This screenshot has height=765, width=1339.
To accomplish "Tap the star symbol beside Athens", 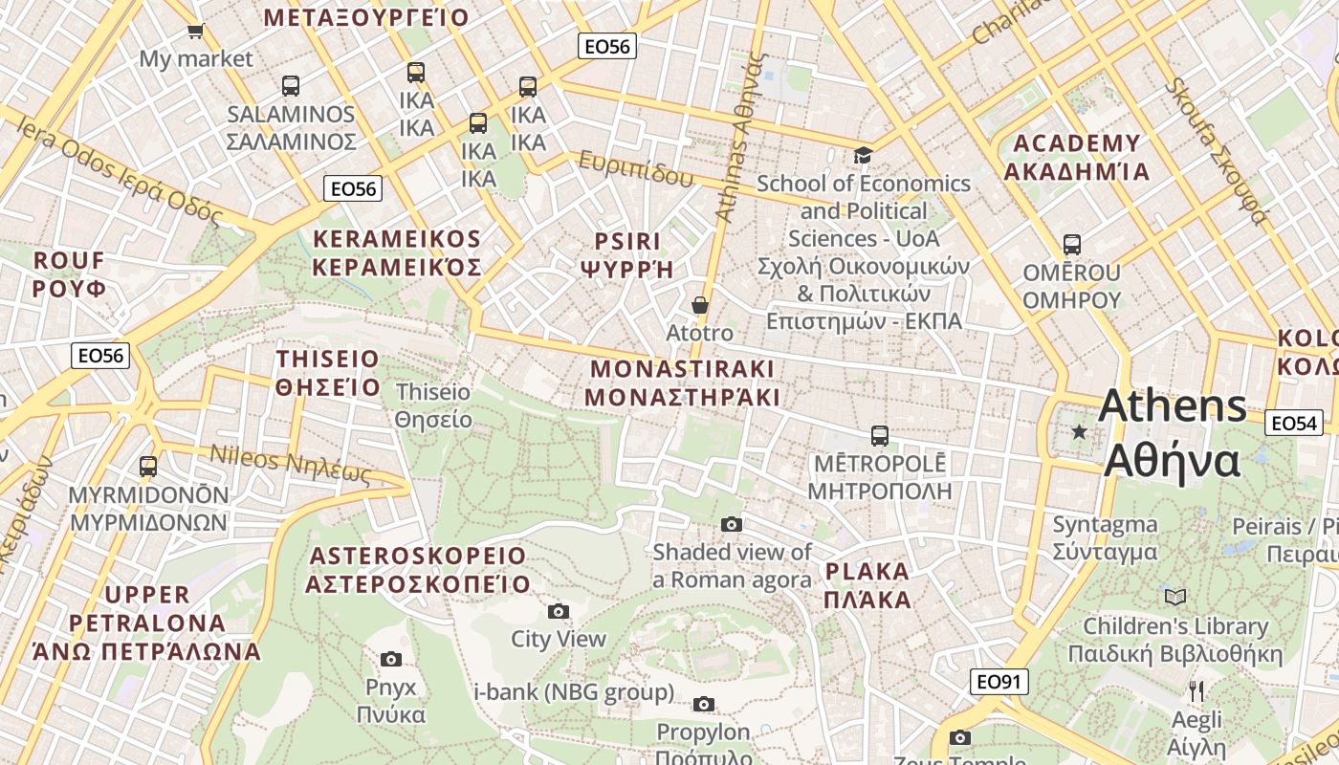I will point(1080,432).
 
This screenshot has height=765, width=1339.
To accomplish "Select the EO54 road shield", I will point(1294,423).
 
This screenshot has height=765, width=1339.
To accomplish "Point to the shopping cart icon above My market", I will point(196,31).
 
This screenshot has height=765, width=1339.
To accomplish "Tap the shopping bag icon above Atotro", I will point(700,305).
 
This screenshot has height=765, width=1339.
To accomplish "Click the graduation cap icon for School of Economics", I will point(863,155).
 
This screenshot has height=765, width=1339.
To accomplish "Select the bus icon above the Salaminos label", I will point(291,86).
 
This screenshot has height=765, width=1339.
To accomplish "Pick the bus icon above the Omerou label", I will point(1071,245).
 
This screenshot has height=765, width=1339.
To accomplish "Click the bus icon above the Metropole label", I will point(880,436).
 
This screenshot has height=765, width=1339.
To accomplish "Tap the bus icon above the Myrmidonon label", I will point(148,467).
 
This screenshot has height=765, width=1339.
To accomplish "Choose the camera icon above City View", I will point(559,611).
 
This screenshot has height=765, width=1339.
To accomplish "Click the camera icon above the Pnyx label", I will point(390,659).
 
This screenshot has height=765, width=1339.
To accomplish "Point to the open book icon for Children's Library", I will point(1175,598).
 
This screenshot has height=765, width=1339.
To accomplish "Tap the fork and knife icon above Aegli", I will point(1196,690).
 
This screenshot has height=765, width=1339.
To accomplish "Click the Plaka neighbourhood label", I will point(867,585).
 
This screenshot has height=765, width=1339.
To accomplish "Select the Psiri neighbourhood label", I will point(627,253).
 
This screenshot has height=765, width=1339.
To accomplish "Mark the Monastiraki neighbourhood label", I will point(682,382).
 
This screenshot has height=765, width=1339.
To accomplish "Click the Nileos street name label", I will point(290,465).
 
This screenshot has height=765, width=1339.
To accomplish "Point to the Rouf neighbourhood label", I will point(70,274).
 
